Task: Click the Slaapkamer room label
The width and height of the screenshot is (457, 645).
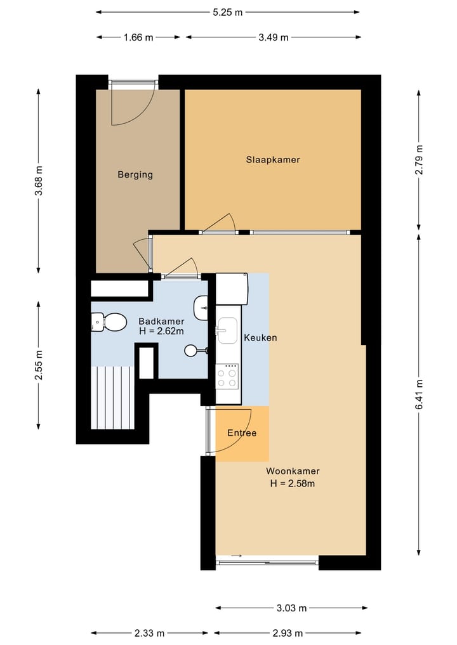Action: click(273, 160)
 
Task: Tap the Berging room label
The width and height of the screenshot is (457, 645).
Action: click(135, 175)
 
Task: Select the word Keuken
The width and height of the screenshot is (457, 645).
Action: click(260, 337)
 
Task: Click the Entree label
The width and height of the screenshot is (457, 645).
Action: click(242, 433)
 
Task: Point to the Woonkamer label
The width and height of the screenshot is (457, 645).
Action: click(293, 471)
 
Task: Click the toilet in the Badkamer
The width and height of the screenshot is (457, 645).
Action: click(109, 322)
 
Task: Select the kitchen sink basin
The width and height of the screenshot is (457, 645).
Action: click(227, 330)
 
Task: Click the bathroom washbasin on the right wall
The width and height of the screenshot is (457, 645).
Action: click(201, 307)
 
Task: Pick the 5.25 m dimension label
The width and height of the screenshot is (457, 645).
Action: click(228, 12)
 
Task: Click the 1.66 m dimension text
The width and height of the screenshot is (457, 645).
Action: click(138, 37)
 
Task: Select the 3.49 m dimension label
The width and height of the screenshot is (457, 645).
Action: click(274, 37)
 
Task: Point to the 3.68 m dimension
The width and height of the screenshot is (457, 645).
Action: click(38, 181)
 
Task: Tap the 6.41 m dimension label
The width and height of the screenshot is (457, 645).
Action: click(419, 394)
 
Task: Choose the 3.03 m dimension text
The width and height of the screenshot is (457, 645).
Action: click(291, 608)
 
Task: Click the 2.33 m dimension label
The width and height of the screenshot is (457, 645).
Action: click(149, 633)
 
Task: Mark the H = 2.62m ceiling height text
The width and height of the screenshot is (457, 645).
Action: click(161, 331)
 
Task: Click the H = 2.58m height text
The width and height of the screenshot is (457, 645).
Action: click(293, 483)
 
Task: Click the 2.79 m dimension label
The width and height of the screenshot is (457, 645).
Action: click(419, 160)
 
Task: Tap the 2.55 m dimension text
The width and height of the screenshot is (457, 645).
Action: click(38, 365)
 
